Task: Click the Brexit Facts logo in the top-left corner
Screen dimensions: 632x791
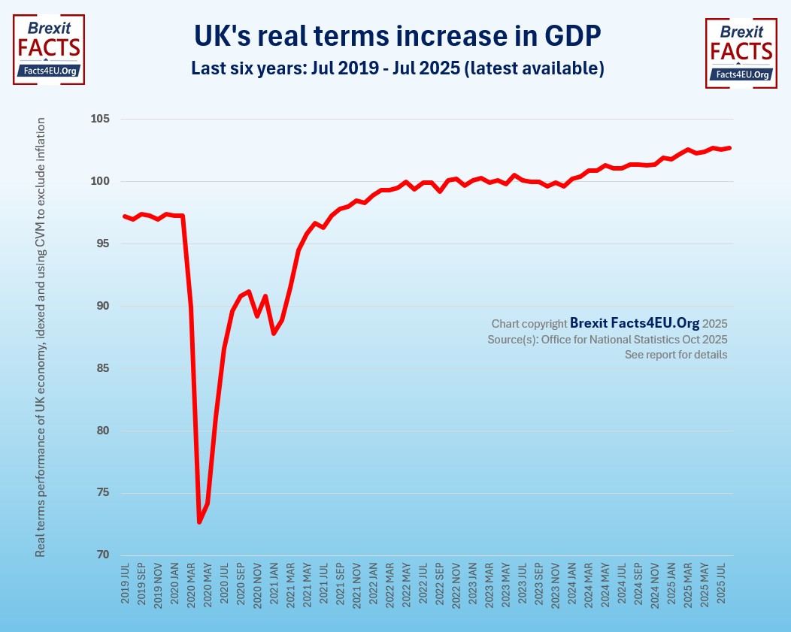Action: pos(49,49)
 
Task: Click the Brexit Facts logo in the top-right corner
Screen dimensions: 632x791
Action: pos(741,53)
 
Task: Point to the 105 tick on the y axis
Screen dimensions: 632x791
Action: pos(100,119)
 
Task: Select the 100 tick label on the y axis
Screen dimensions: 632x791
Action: pos(100,182)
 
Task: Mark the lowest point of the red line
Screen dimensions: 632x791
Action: pos(200,522)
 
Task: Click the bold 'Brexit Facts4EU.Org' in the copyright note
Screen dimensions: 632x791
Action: pos(635,323)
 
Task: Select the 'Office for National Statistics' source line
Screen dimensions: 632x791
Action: pos(608,339)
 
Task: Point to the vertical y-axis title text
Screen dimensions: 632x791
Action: pos(41,337)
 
